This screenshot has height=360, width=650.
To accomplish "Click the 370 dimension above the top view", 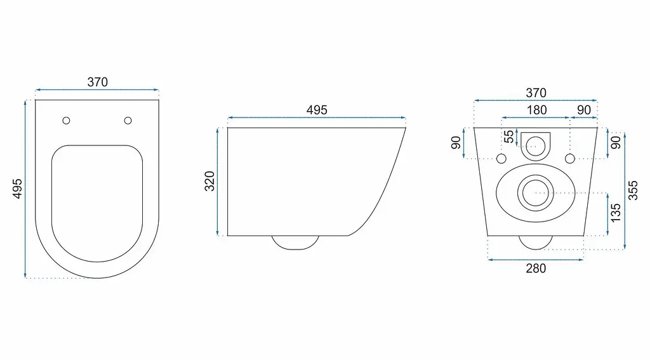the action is click(x=97, y=82).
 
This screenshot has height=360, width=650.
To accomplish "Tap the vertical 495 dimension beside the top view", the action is click(x=17, y=189).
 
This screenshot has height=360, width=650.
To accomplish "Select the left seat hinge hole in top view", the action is click(x=66, y=121).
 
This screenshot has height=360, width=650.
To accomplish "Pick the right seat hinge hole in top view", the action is click(x=128, y=121).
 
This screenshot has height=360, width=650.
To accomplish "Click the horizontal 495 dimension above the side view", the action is click(x=317, y=110).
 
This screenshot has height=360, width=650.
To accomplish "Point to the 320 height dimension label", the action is click(x=209, y=181).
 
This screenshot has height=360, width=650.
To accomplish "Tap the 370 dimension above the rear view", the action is click(x=536, y=93).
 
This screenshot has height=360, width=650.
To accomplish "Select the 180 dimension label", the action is click(x=536, y=110).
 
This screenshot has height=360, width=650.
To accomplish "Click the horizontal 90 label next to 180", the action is click(x=584, y=110).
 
